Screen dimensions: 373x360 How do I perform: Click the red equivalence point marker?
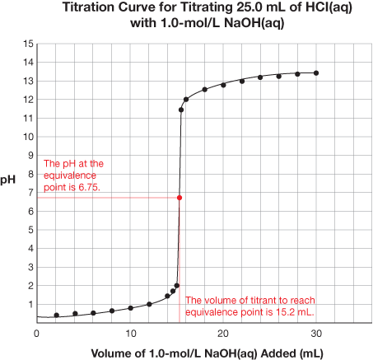(x=180, y=198)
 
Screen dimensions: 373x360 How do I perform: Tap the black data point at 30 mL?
(x=316, y=73)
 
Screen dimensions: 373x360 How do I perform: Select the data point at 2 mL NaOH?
(x=57, y=316)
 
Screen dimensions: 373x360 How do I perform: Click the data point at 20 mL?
(x=223, y=85)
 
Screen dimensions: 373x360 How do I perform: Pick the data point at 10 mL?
(x=131, y=308)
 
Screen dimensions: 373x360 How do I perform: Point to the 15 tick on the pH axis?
(x=28, y=44)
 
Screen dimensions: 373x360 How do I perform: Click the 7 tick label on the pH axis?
(x=30, y=193)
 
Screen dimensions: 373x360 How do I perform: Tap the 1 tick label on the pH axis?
(x=30, y=304)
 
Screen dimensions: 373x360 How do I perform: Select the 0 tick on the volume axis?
(x=36, y=334)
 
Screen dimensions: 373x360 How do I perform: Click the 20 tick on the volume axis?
(x=223, y=334)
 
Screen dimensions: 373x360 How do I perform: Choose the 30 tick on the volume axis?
(x=316, y=334)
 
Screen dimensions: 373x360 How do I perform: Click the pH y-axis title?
(x=8, y=180)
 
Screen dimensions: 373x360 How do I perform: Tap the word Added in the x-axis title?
(x=278, y=353)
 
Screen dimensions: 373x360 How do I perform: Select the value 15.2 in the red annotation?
(x=284, y=312)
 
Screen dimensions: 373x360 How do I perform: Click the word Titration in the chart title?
(x=88, y=7)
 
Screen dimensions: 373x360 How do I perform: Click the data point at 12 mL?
(x=149, y=304)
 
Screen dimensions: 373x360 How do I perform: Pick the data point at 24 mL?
(x=260, y=77)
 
